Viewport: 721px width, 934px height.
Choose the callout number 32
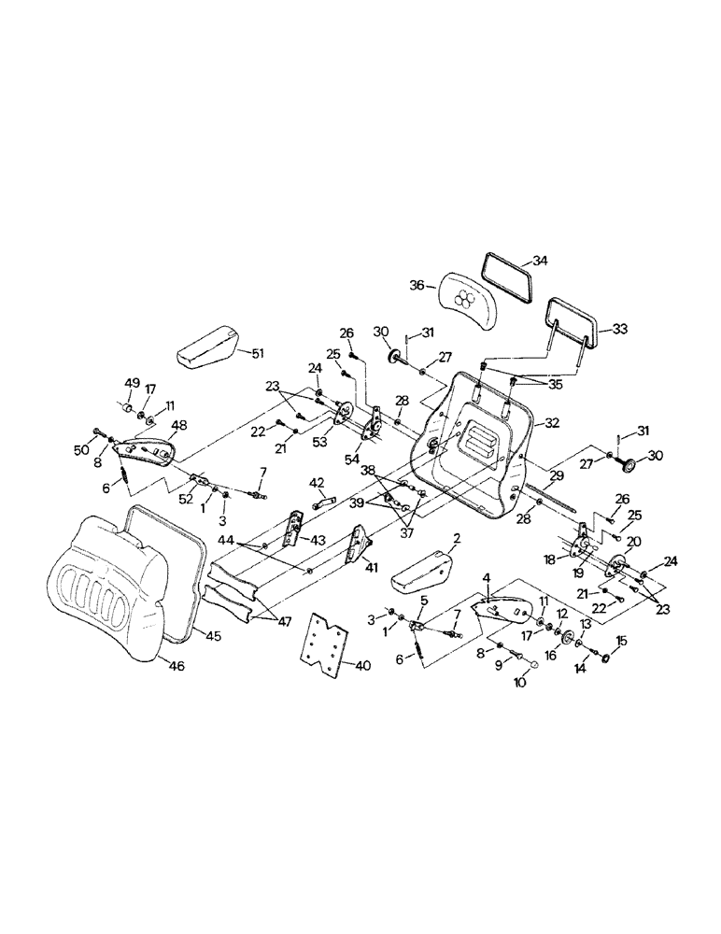(552, 423)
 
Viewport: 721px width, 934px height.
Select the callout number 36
(417, 285)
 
